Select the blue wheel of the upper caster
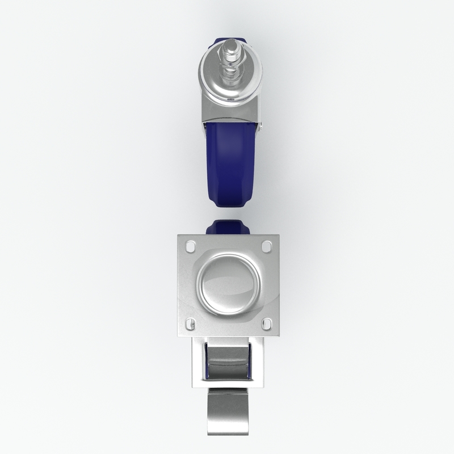point(230,165)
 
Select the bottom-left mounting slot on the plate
point(191,323)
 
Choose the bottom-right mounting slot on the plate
point(266,323)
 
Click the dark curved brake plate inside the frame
point(229,363)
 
